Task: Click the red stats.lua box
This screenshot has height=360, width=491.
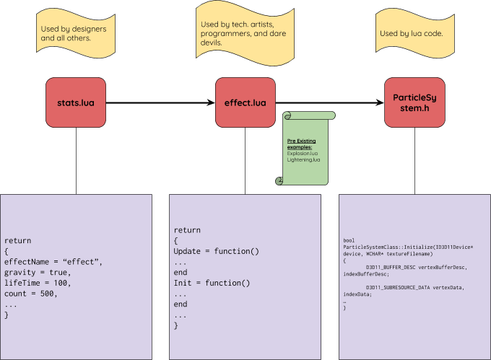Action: [x=76, y=102]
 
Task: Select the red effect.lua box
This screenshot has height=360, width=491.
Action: [x=245, y=102]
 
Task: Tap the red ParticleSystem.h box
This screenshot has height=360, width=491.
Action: [x=414, y=102]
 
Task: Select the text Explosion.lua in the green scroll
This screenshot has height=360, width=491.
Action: [x=303, y=153]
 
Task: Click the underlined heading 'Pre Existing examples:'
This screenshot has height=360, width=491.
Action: [x=302, y=144]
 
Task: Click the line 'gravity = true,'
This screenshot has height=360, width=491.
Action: [x=38, y=272]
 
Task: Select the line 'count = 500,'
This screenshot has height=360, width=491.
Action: [x=31, y=294]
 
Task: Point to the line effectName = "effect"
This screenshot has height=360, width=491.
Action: [x=53, y=261]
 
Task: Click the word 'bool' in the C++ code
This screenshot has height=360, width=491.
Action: [x=349, y=240]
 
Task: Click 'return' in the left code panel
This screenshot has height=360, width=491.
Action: [x=18, y=240]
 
